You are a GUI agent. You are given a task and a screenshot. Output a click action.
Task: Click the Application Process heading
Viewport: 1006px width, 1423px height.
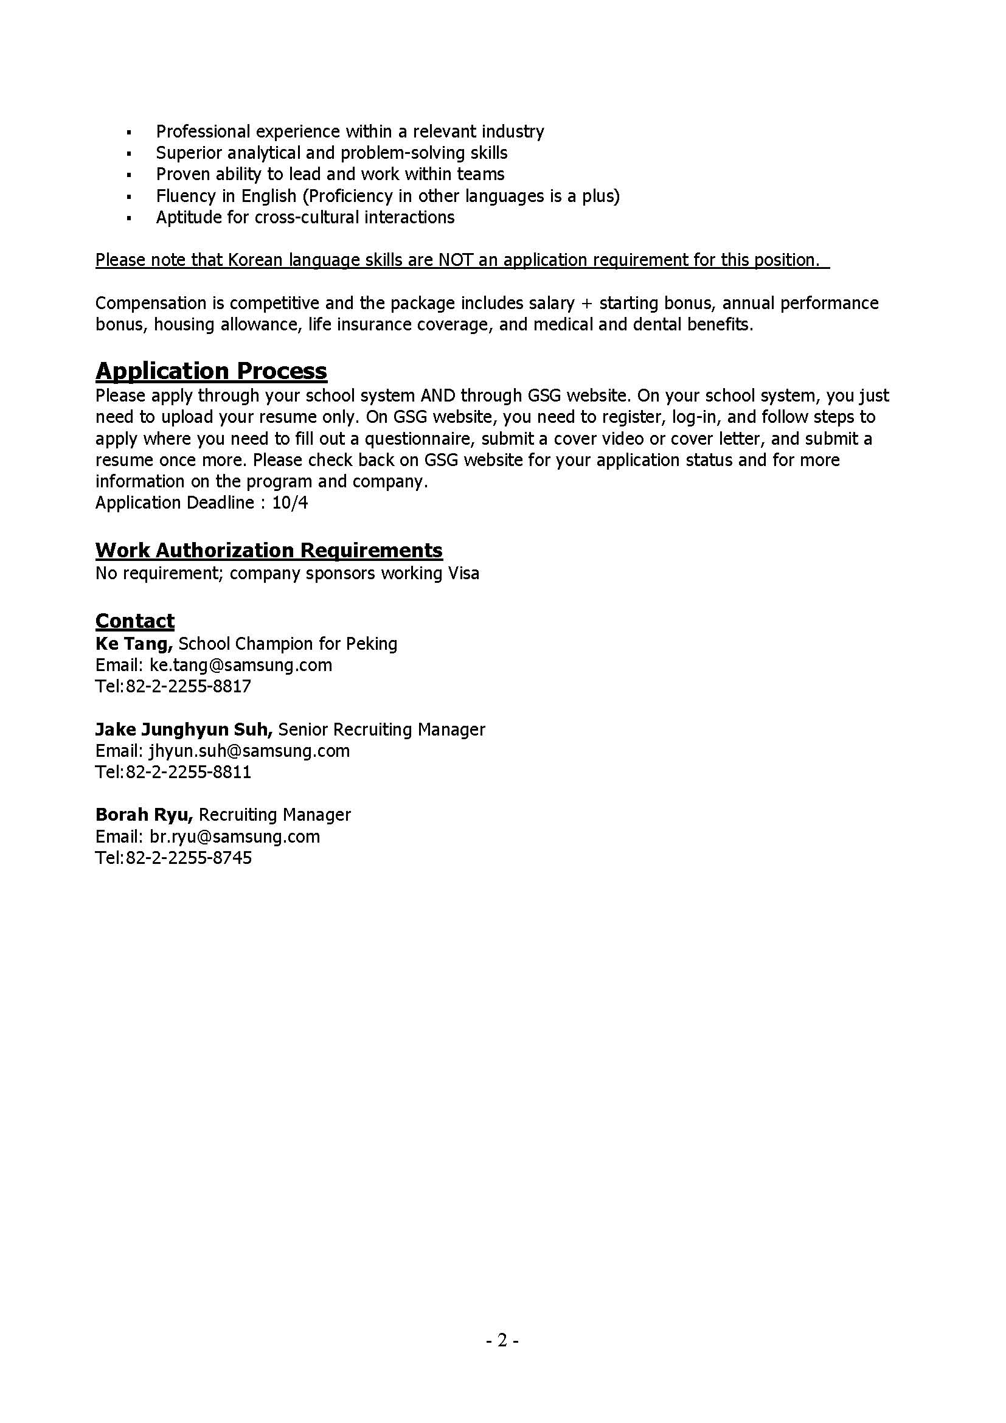coord(210,371)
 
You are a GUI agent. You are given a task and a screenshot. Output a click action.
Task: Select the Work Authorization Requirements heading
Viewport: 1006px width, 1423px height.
coord(269,550)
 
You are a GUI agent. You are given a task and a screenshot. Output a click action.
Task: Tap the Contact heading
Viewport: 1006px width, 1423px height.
coord(134,621)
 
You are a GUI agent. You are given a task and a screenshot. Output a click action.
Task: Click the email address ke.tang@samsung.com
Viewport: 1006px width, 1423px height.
coord(241,665)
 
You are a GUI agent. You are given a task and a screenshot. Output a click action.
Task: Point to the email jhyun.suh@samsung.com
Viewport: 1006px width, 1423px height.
coord(249,751)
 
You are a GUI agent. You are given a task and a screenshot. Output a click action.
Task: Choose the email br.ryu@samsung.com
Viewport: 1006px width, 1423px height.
coord(235,837)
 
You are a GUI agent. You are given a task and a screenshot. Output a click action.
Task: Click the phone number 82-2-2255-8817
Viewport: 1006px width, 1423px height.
coord(189,687)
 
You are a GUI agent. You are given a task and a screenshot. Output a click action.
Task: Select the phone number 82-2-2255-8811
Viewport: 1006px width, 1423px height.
coord(189,772)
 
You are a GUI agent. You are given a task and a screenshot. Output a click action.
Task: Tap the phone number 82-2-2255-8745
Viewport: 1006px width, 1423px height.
coord(189,858)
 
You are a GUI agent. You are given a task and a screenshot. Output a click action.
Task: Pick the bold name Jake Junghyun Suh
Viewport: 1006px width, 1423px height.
coord(183,729)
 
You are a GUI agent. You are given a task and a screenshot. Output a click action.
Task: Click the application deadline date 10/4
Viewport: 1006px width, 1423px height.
coord(290,503)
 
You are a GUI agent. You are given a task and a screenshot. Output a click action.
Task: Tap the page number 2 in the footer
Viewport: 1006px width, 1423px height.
coord(502,1341)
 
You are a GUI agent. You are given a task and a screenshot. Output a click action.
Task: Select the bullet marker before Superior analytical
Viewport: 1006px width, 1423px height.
coord(129,154)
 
